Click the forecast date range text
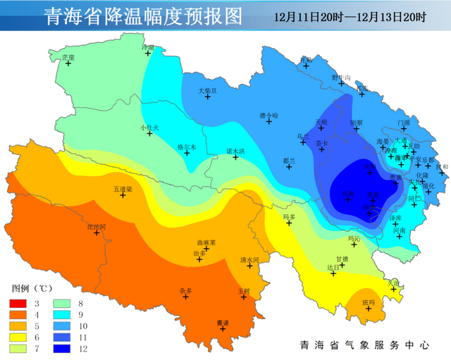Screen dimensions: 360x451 (350, 15)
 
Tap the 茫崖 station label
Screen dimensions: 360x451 (68, 56)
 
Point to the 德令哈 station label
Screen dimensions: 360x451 (269, 115)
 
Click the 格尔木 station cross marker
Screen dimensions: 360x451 (187, 152)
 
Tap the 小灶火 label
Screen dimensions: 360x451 (149, 127)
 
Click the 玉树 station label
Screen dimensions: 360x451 (243, 290)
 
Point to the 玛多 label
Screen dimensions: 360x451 (289, 216)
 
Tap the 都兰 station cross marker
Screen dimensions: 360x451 (289, 168)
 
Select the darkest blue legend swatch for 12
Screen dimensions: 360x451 (61, 347)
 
